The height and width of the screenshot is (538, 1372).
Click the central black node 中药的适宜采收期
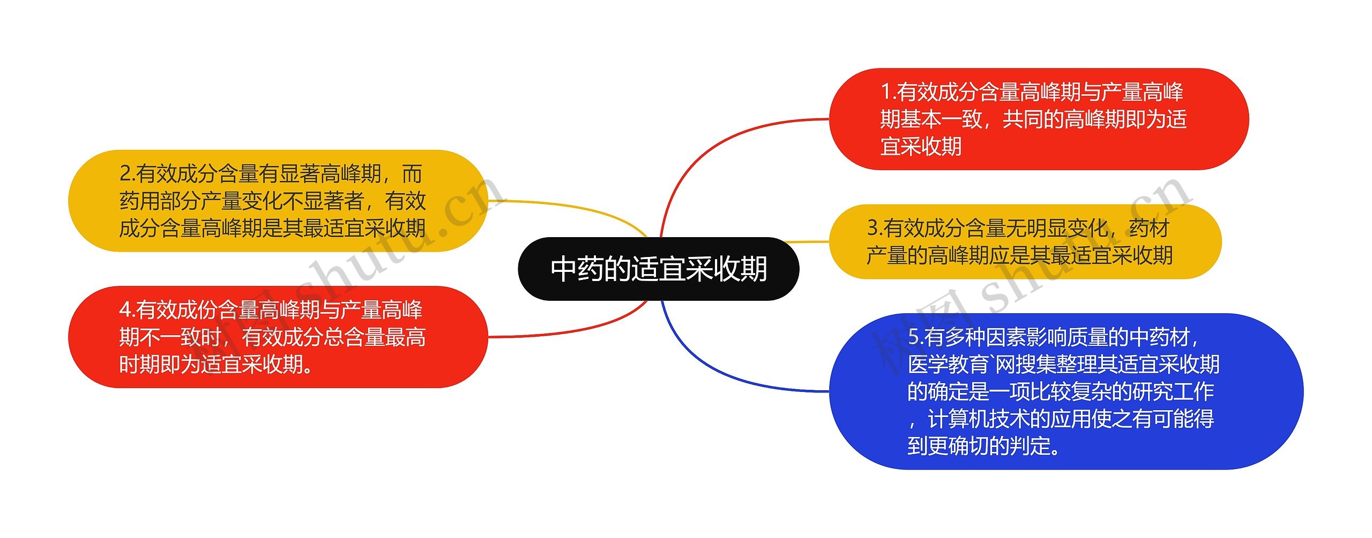coord(658,269)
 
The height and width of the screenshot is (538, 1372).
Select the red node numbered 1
coord(1039,119)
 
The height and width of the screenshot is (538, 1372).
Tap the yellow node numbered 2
coord(278,201)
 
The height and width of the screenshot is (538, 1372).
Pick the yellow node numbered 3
coord(1025,241)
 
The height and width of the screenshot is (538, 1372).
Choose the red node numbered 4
coord(278,337)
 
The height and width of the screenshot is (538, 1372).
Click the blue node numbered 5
coord(1065,391)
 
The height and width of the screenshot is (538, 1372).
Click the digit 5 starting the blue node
coord(913,337)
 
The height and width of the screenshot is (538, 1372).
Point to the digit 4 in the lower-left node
coord(125,309)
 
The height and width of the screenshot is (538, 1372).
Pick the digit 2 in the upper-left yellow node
coord(125,173)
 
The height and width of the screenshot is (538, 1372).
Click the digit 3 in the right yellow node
coord(873,228)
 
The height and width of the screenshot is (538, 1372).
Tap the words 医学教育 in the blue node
coord(948,365)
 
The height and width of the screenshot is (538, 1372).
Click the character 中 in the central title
coord(563,269)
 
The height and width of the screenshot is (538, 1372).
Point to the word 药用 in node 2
coord(139,201)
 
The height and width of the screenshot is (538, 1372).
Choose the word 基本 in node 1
coord(921,119)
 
